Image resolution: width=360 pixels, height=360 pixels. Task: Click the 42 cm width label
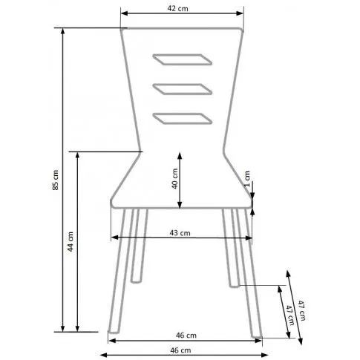pos(177,9)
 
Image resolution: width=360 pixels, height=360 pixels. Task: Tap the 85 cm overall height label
pos(56,180)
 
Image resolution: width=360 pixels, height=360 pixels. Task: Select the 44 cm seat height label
pos(71,241)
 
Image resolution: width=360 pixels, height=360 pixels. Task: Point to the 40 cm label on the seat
pos(175,179)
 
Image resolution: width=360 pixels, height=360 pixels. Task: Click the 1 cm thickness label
pos(246,179)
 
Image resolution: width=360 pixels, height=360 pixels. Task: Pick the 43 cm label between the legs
pos(180,233)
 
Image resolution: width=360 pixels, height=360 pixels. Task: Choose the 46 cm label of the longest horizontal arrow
pos(180,350)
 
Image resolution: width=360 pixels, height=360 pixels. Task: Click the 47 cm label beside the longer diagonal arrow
pos(301,310)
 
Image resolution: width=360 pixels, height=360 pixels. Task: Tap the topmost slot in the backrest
pos(183,59)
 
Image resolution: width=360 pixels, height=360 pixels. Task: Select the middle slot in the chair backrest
pos(183,89)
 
